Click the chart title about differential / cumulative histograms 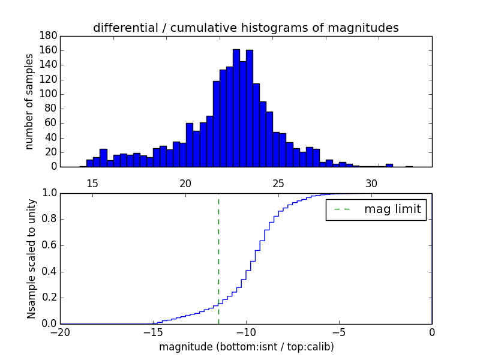(x=245, y=28)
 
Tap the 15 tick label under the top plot (x=92, y=182)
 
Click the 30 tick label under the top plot (x=371, y=182)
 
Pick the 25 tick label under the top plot (x=278, y=182)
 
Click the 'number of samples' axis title (x=29, y=101)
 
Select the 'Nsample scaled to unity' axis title (x=31, y=258)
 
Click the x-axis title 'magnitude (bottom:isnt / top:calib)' (x=246, y=347)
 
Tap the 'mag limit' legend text (x=392, y=209)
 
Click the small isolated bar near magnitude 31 (x=389, y=165)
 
